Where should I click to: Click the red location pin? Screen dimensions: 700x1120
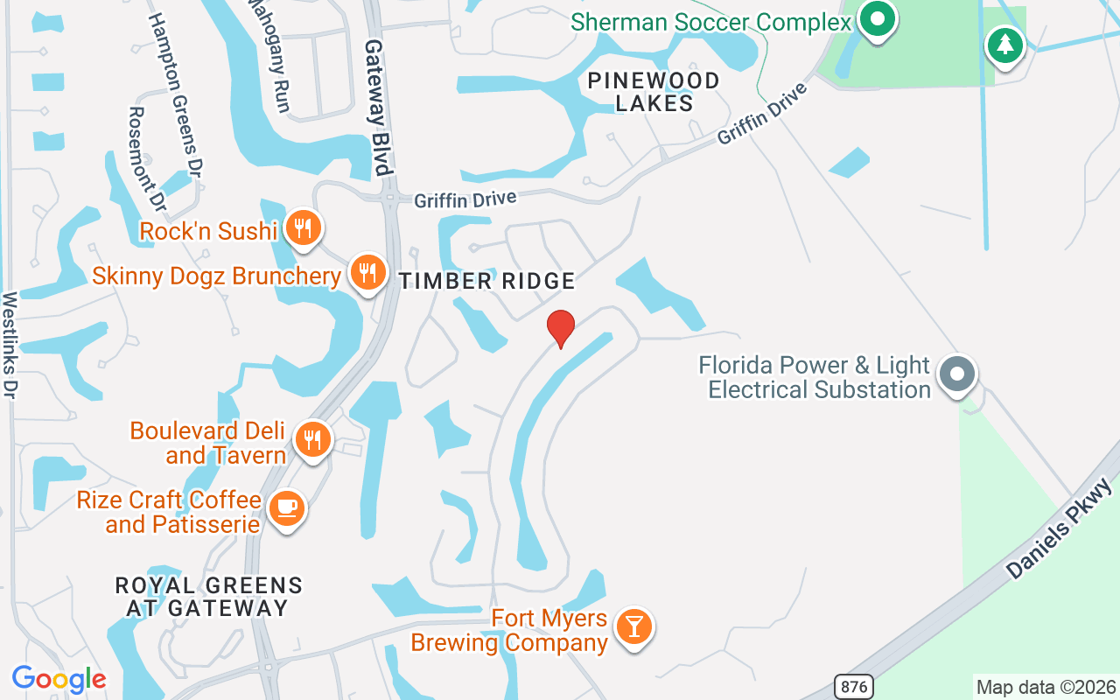coord(560,328)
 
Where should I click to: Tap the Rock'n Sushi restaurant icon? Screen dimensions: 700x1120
coord(304,228)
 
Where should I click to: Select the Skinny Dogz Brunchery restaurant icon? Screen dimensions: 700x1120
coord(368,272)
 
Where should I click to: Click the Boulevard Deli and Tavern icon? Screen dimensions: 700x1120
coord(312,439)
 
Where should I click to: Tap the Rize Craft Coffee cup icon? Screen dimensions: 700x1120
coord(286,507)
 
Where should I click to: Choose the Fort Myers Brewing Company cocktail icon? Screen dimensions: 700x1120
coord(633,627)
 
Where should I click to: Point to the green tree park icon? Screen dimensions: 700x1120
coord(1004,44)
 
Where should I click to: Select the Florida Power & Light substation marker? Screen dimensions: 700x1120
coord(957,374)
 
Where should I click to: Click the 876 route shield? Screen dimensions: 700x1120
coord(853,687)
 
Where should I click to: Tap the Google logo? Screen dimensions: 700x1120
coord(59,679)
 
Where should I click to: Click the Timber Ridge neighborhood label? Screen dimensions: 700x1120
coord(487,281)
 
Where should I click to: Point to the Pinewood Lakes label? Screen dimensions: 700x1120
coord(654,92)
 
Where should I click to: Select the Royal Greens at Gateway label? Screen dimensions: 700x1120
coord(209,596)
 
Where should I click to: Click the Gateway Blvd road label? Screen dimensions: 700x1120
coord(377,107)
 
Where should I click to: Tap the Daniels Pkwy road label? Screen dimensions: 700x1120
coord(1058,528)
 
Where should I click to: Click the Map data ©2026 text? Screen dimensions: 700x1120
coord(1046,687)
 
